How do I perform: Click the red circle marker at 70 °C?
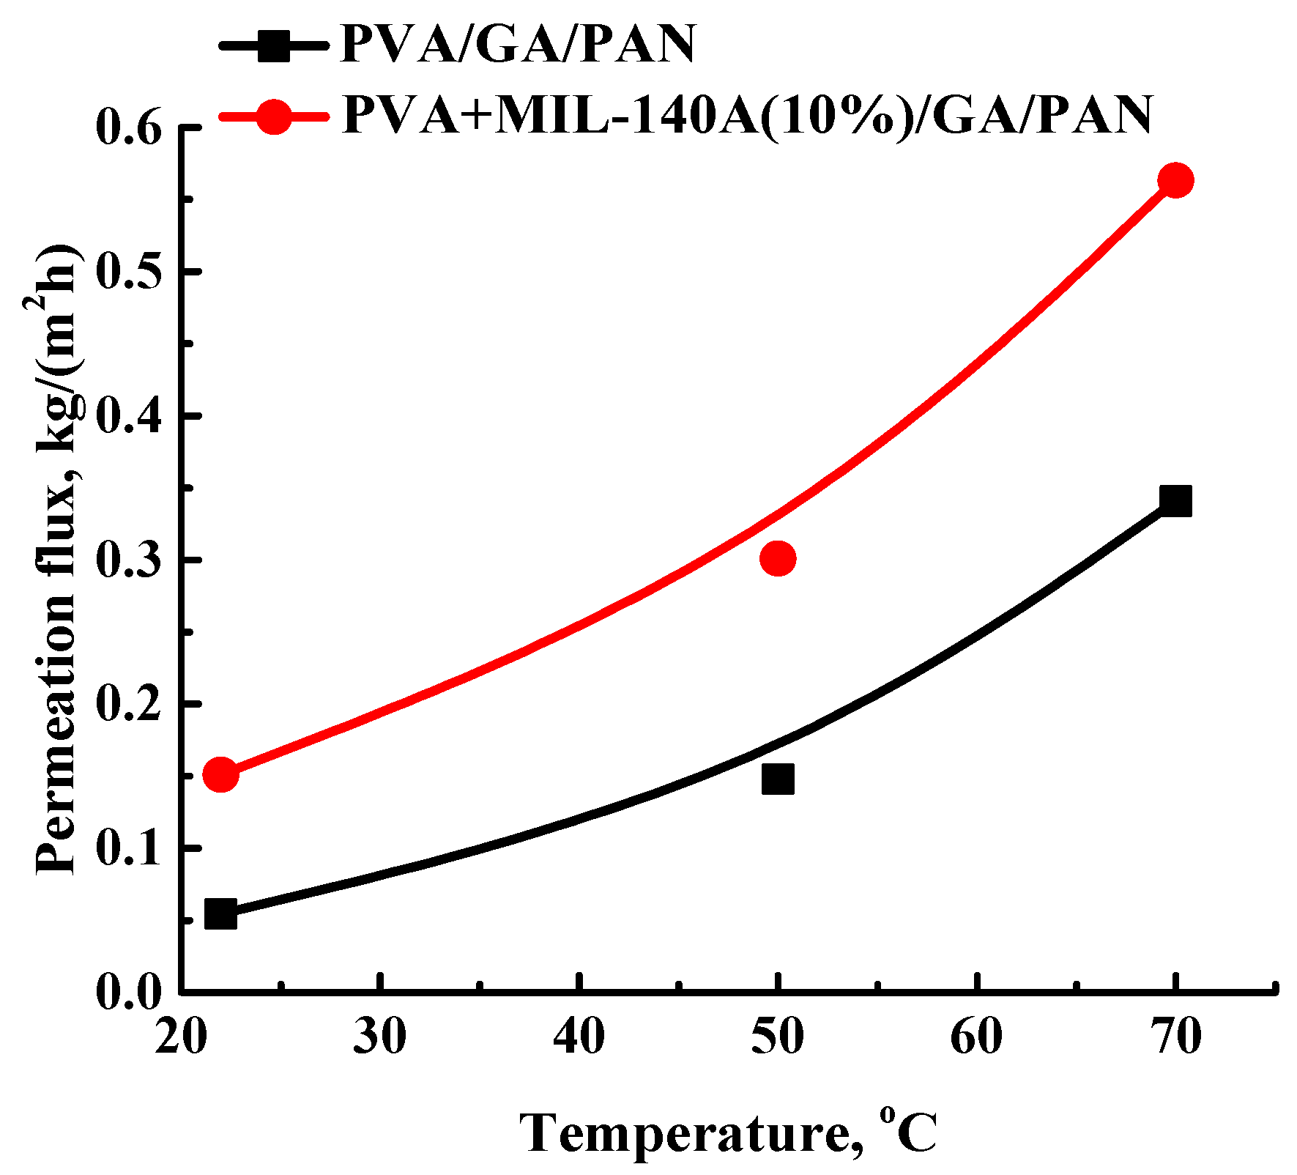[x=1175, y=180]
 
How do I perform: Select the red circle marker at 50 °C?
[x=778, y=559]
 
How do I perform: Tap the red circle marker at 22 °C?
[x=220, y=774]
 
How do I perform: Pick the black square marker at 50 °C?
[x=778, y=779]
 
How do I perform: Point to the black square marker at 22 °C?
[x=220, y=913]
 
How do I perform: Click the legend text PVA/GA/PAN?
[x=518, y=45]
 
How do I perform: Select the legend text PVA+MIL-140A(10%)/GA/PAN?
[x=747, y=115]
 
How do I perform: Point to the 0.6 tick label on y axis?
[x=129, y=129]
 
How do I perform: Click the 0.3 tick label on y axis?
[x=129, y=560]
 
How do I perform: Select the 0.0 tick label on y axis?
[x=129, y=993]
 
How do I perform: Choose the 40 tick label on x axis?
[x=579, y=1037]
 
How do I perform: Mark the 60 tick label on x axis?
[x=977, y=1037]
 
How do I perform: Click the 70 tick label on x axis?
[x=1175, y=1037]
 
